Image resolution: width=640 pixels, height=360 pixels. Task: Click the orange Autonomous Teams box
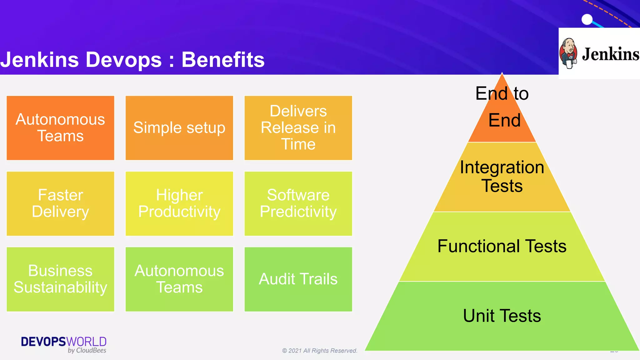(x=60, y=128)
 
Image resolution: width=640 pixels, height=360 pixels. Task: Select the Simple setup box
(x=179, y=128)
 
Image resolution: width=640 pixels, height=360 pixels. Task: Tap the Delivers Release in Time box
(x=298, y=128)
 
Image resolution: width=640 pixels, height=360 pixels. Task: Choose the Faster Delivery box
(x=60, y=203)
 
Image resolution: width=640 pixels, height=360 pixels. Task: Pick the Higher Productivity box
(x=179, y=203)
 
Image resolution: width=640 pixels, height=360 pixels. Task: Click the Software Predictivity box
(x=298, y=203)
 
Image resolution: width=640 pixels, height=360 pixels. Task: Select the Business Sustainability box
(x=60, y=279)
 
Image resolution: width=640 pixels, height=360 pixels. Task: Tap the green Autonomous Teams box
(x=179, y=279)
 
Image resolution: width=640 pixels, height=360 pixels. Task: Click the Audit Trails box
(x=298, y=279)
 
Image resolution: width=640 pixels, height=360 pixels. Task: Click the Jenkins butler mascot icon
(x=568, y=53)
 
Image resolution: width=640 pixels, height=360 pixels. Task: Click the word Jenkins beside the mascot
(x=610, y=54)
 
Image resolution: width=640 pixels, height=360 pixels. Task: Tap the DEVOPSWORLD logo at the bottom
(x=64, y=344)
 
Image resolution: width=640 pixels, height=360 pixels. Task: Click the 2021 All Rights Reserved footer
(x=320, y=351)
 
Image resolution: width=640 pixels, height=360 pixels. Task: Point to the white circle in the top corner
(x=587, y=19)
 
